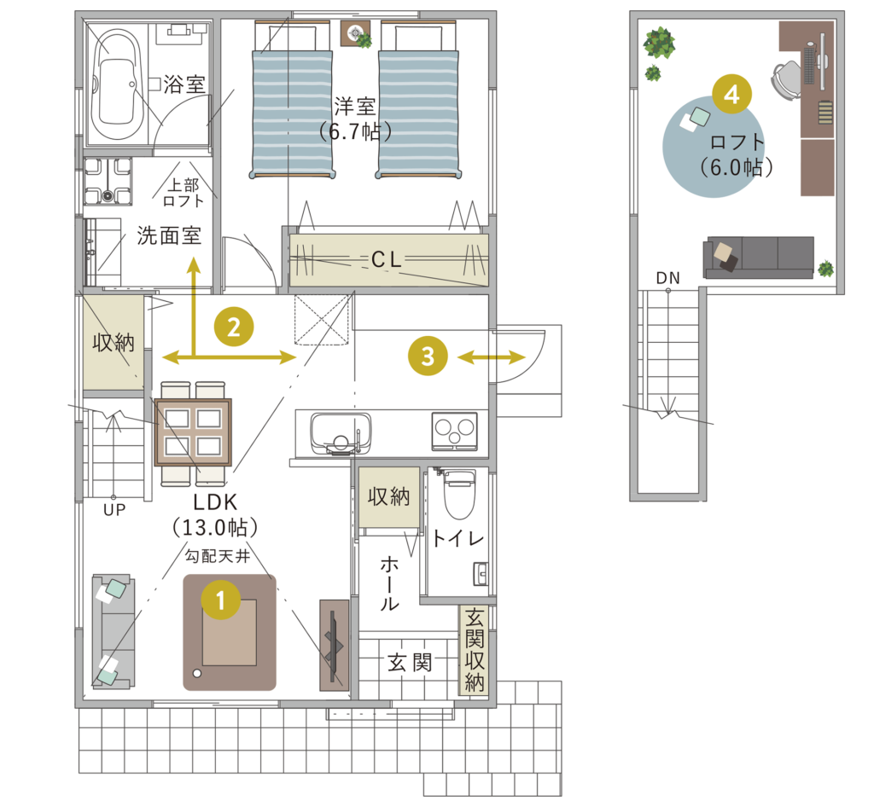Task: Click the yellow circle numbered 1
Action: click(x=221, y=600)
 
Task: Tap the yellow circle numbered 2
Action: click(x=234, y=327)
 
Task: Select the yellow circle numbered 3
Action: click(x=428, y=356)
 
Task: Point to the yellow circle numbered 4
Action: click(x=731, y=94)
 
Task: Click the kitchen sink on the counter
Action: click(x=341, y=433)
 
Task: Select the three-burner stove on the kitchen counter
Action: click(x=454, y=431)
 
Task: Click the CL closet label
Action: click(x=387, y=259)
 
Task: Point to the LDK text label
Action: click(x=215, y=502)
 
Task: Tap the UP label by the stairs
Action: click(x=114, y=510)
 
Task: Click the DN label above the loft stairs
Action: click(x=667, y=278)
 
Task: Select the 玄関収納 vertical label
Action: click(x=475, y=650)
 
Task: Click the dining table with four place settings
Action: click(x=193, y=432)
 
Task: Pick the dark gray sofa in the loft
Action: click(x=759, y=257)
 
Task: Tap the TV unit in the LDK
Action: click(x=335, y=645)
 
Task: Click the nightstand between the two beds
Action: click(x=353, y=33)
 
